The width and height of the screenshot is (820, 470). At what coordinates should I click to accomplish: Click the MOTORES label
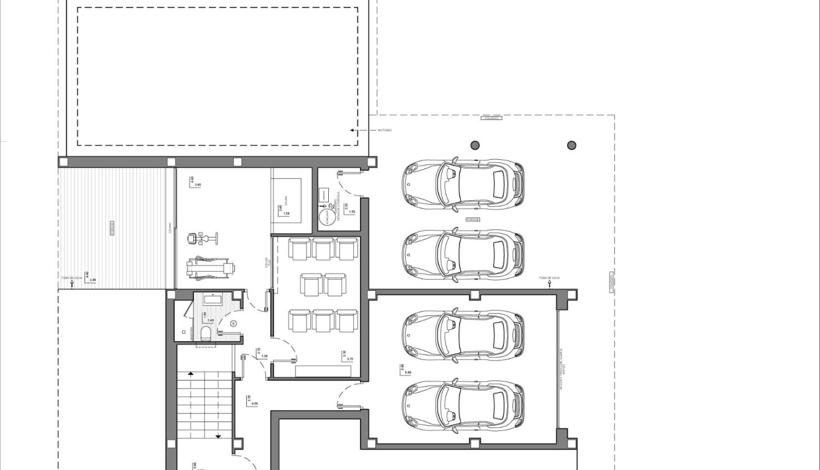385,131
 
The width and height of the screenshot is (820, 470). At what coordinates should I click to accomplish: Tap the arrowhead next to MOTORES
352,131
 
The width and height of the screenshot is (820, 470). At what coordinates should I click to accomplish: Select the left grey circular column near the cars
475,145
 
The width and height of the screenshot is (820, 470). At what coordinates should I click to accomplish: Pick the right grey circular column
571,145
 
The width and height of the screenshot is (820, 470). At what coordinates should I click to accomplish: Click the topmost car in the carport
463,184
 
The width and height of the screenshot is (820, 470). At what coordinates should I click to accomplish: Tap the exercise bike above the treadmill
202,237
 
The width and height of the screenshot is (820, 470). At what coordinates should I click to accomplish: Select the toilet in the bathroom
206,334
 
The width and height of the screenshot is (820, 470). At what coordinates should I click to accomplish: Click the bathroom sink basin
213,300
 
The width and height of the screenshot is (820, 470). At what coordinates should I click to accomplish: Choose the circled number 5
234,323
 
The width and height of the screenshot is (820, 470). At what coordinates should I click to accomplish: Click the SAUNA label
287,201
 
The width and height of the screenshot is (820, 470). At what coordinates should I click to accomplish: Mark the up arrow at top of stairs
191,373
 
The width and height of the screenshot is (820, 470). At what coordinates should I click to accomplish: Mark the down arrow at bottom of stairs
218,436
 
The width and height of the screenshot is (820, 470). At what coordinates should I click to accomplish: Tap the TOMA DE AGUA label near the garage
550,277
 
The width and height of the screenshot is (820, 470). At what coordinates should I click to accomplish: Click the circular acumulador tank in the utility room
325,217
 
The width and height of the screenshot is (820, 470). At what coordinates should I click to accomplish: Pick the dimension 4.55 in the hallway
254,403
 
